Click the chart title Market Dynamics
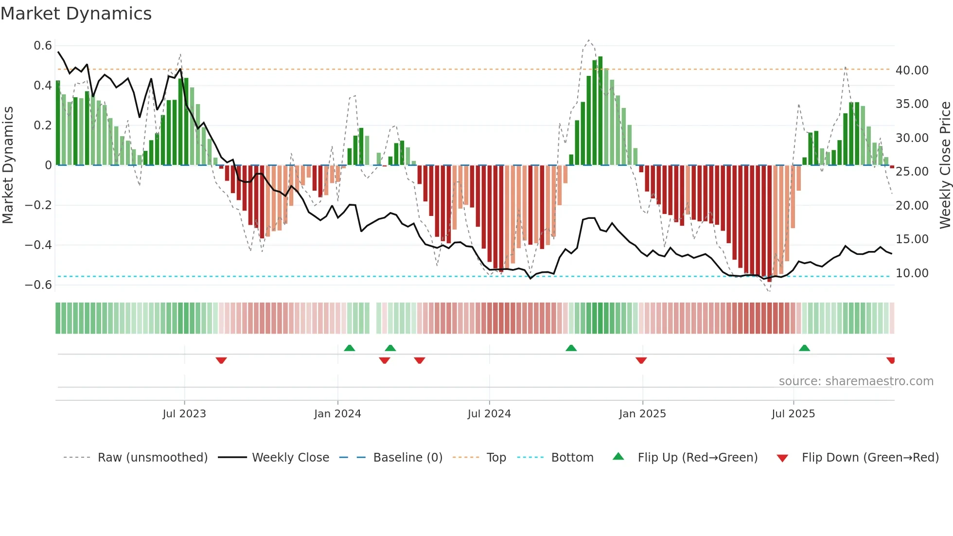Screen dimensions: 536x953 click(x=76, y=14)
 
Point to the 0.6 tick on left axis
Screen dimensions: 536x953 click(x=43, y=46)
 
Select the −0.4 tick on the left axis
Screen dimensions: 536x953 click(x=38, y=245)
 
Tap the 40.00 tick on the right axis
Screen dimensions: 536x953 click(x=912, y=71)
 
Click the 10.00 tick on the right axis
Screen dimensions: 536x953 click(x=912, y=273)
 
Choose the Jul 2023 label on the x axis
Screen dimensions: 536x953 click(x=184, y=414)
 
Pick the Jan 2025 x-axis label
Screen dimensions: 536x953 click(x=642, y=414)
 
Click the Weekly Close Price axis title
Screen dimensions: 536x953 click(x=945, y=165)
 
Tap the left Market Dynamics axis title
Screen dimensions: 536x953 click(x=8, y=165)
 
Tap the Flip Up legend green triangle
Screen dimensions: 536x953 click(x=618, y=456)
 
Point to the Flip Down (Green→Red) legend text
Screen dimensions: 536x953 click(x=870, y=458)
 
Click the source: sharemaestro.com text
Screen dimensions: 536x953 click(x=856, y=381)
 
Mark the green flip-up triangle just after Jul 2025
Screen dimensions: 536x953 click(x=804, y=348)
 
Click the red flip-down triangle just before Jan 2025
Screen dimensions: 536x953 click(x=641, y=360)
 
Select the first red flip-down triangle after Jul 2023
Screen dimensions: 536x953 click(x=221, y=360)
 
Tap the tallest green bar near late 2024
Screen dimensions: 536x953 click(x=600, y=111)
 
